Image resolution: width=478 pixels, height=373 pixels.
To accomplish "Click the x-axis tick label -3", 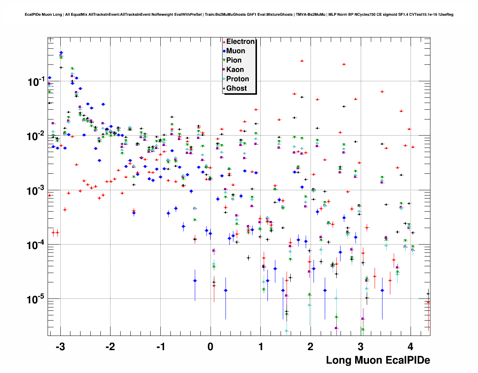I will click(x=60, y=347).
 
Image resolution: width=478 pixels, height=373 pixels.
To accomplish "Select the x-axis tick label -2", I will click(x=110, y=347).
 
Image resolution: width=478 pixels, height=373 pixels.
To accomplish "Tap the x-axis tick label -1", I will click(x=160, y=347).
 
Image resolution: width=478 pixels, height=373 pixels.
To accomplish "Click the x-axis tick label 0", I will click(x=211, y=347).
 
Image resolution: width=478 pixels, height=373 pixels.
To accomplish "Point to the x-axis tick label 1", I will click(x=261, y=347).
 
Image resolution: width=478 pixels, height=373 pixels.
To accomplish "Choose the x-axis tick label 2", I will click(x=311, y=347).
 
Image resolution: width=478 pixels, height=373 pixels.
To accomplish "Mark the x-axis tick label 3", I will click(x=361, y=347).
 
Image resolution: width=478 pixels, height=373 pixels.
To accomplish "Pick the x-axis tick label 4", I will click(x=411, y=347).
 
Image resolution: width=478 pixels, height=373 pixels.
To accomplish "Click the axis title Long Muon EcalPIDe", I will click(x=378, y=360).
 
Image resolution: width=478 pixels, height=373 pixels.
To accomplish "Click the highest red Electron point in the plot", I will click(x=302, y=61).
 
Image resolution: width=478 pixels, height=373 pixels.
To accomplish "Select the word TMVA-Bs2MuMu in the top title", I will click(x=310, y=15).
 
